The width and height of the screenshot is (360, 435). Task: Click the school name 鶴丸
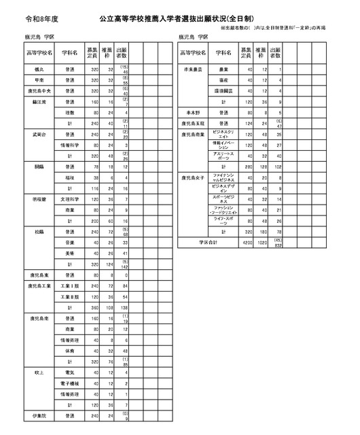point(37,69)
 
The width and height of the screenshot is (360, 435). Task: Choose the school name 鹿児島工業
point(37,286)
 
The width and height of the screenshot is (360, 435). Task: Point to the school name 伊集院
point(37,416)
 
